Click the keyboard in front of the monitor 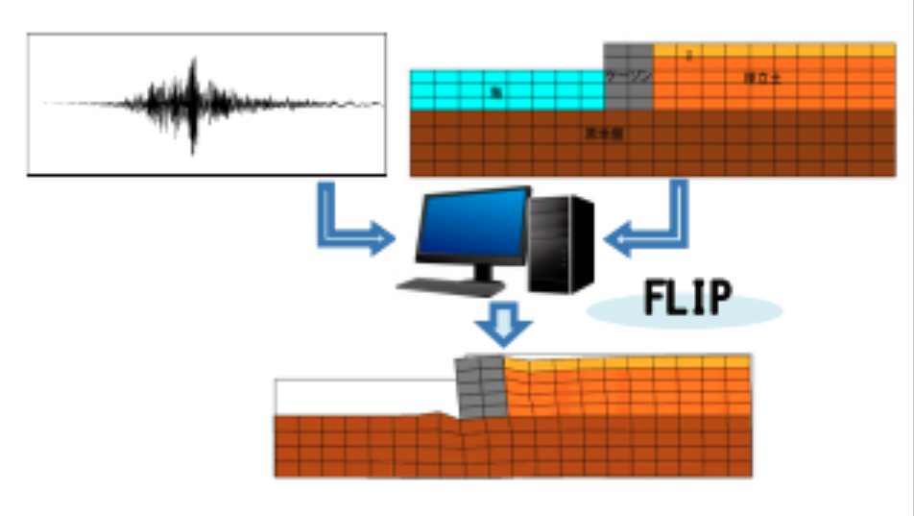445,285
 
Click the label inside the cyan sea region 495,92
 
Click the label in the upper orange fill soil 763,78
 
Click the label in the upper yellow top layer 688,54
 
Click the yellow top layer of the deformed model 624,362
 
